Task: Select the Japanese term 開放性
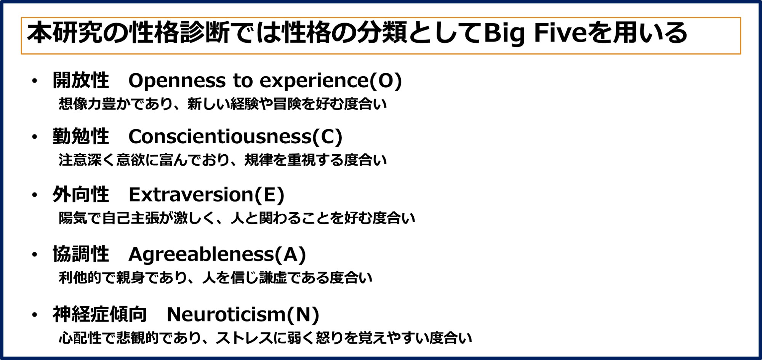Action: (x=81, y=80)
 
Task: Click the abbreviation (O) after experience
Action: (x=386, y=81)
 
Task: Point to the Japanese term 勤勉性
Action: (x=81, y=136)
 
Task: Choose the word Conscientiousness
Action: (x=220, y=136)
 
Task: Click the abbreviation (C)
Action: (x=327, y=137)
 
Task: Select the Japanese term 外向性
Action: (x=81, y=195)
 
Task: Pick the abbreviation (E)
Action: (x=269, y=195)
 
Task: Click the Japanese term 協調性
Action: (x=81, y=254)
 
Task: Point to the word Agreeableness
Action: (x=202, y=254)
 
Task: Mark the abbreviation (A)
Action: (x=290, y=254)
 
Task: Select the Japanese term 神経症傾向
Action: (x=100, y=314)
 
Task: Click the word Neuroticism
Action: (x=226, y=315)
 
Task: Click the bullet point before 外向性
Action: (x=35, y=195)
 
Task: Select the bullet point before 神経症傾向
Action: (x=35, y=315)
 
